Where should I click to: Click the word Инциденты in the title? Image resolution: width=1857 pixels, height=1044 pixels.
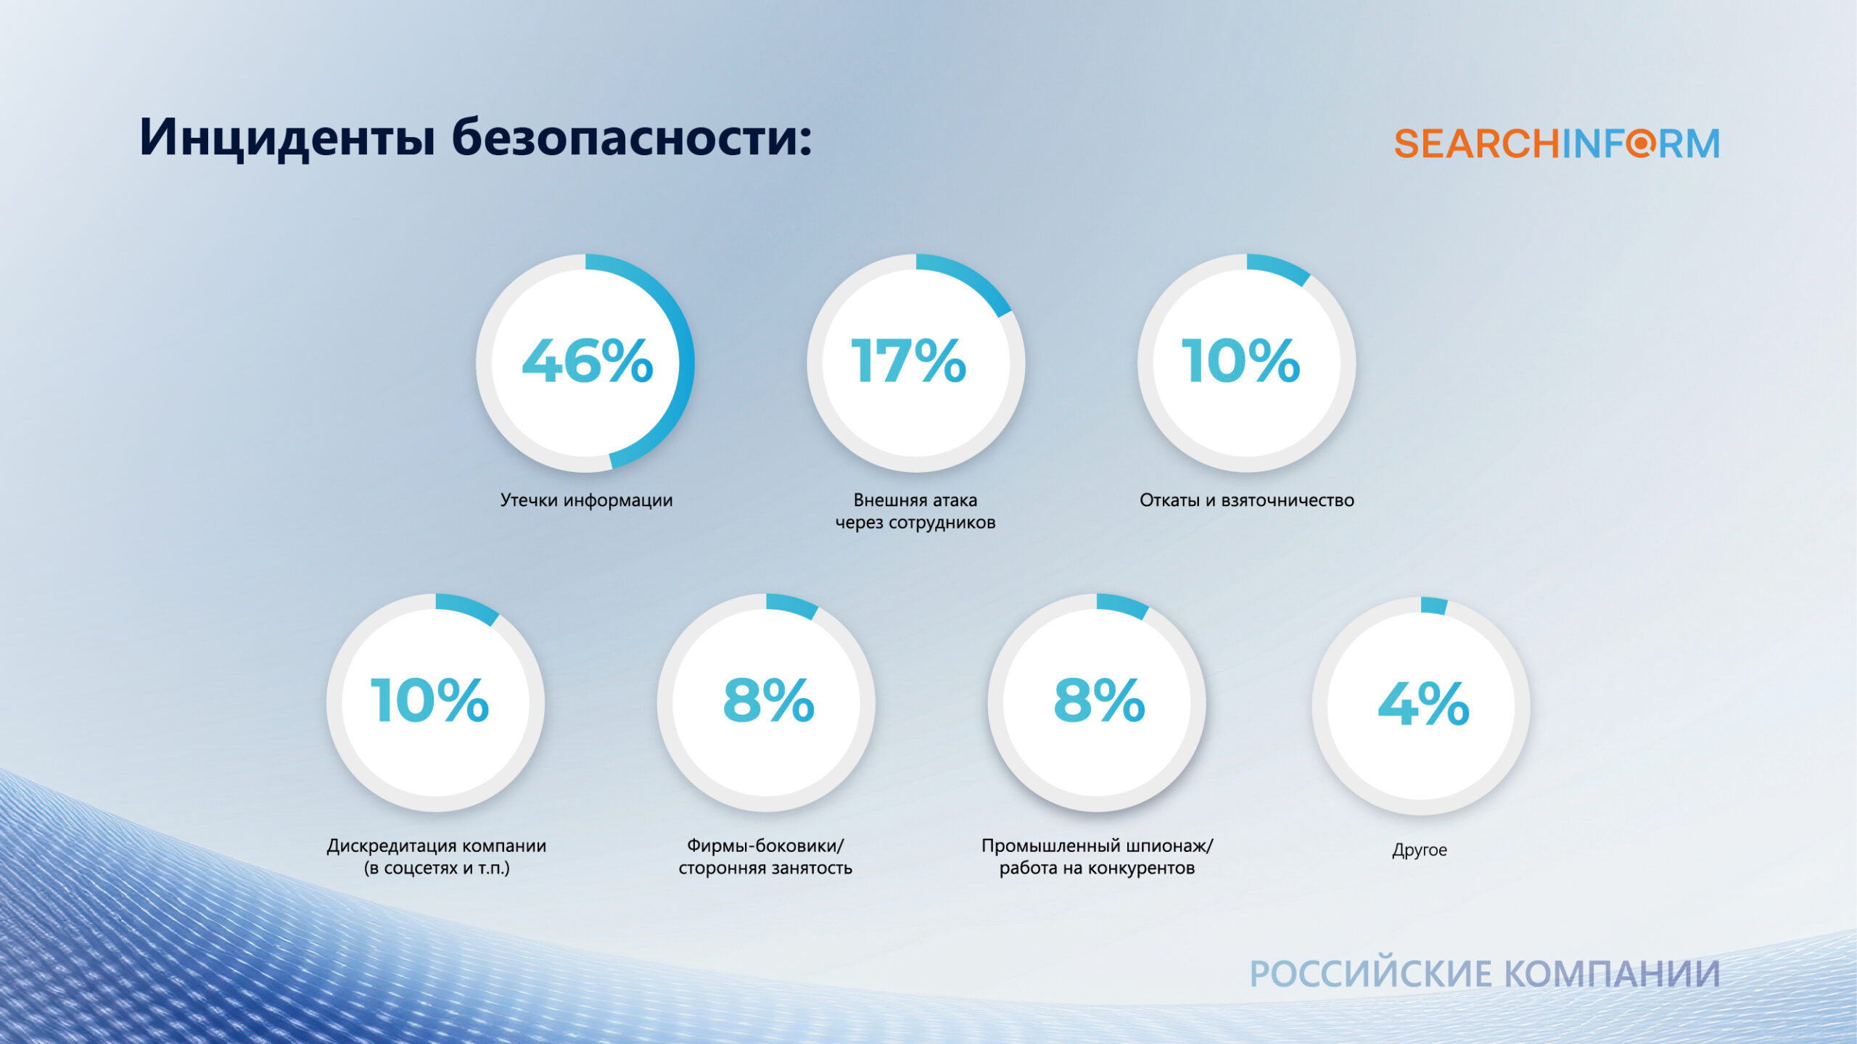tap(287, 138)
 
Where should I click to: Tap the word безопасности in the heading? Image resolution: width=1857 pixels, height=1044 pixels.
tap(631, 138)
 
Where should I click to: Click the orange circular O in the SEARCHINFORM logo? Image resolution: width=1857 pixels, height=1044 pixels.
tap(1640, 143)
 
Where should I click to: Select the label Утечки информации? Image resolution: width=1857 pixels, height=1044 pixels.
tap(586, 500)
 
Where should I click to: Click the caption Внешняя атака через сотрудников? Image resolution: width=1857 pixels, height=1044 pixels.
tap(915, 511)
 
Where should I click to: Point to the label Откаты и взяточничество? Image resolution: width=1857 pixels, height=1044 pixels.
tap(1246, 500)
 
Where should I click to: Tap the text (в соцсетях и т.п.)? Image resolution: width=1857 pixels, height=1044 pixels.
tap(437, 868)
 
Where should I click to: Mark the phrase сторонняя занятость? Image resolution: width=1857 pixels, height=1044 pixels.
tap(765, 868)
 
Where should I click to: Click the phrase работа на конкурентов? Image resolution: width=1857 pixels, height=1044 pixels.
tap(1097, 868)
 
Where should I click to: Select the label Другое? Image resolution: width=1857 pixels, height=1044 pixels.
tap(1420, 850)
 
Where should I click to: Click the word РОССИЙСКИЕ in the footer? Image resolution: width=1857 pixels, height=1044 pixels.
tap(1371, 974)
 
